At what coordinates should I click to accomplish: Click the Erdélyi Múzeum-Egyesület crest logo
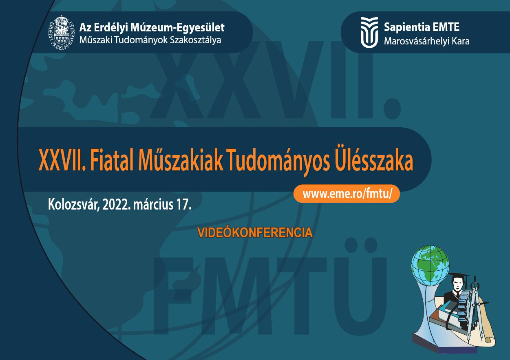[x=62, y=32]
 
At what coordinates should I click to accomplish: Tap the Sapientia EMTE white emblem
[x=369, y=32]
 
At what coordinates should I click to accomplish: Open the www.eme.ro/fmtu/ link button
[x=347, y=194]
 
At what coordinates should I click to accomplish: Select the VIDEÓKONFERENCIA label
[x=255, y=232]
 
